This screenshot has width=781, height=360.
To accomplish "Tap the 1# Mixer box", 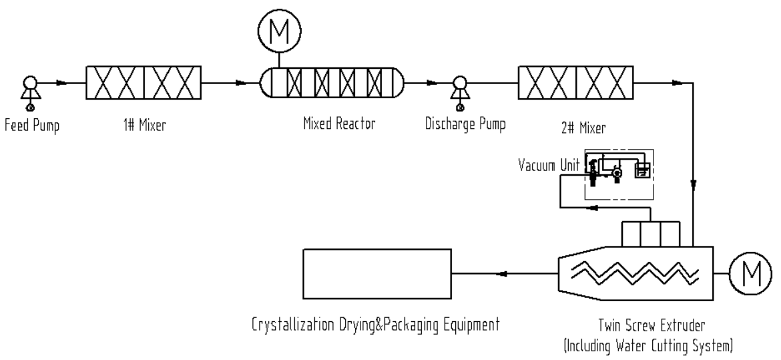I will pos(144,83).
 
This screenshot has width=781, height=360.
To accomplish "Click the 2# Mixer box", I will pos(576,83).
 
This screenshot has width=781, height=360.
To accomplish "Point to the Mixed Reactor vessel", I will pos(331,83).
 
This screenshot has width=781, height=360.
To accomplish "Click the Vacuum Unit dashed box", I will pos(619,174).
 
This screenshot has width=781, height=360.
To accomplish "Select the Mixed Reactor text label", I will pos(330,124).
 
